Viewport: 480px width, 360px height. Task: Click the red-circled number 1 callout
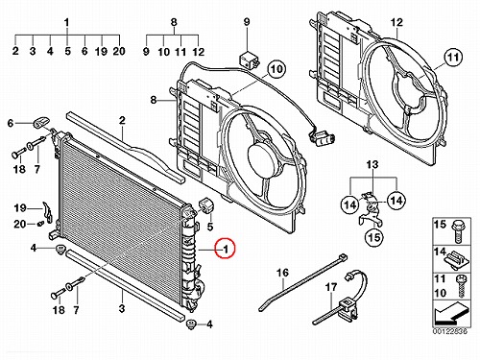pos(225,249)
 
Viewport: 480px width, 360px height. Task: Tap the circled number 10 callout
pos(276,69)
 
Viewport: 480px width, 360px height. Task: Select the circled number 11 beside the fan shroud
pos(453,58)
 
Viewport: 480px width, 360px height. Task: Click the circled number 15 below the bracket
pos(374,237)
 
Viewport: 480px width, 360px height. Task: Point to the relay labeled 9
pos(248,58)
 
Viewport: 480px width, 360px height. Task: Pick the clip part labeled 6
pos(40,122)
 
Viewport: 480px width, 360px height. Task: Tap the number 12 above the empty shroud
pos(396,22)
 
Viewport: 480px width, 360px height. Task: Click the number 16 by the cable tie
pos(282,273)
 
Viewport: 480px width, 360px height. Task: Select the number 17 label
pos(331,287)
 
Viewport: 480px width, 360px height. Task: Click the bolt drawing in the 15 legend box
pos(456,232)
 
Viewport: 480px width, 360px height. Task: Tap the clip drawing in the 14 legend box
pos(457,260)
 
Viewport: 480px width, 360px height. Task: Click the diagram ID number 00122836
pos(450,331)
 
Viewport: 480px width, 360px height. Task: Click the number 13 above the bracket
pos(372,164)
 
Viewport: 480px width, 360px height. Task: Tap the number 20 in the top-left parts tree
pos(119,51)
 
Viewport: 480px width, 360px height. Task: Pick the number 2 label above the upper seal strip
pos(122,120)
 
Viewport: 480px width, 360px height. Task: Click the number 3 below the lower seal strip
pos(122,309)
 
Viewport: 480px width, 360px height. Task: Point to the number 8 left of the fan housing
pos(154,100)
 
